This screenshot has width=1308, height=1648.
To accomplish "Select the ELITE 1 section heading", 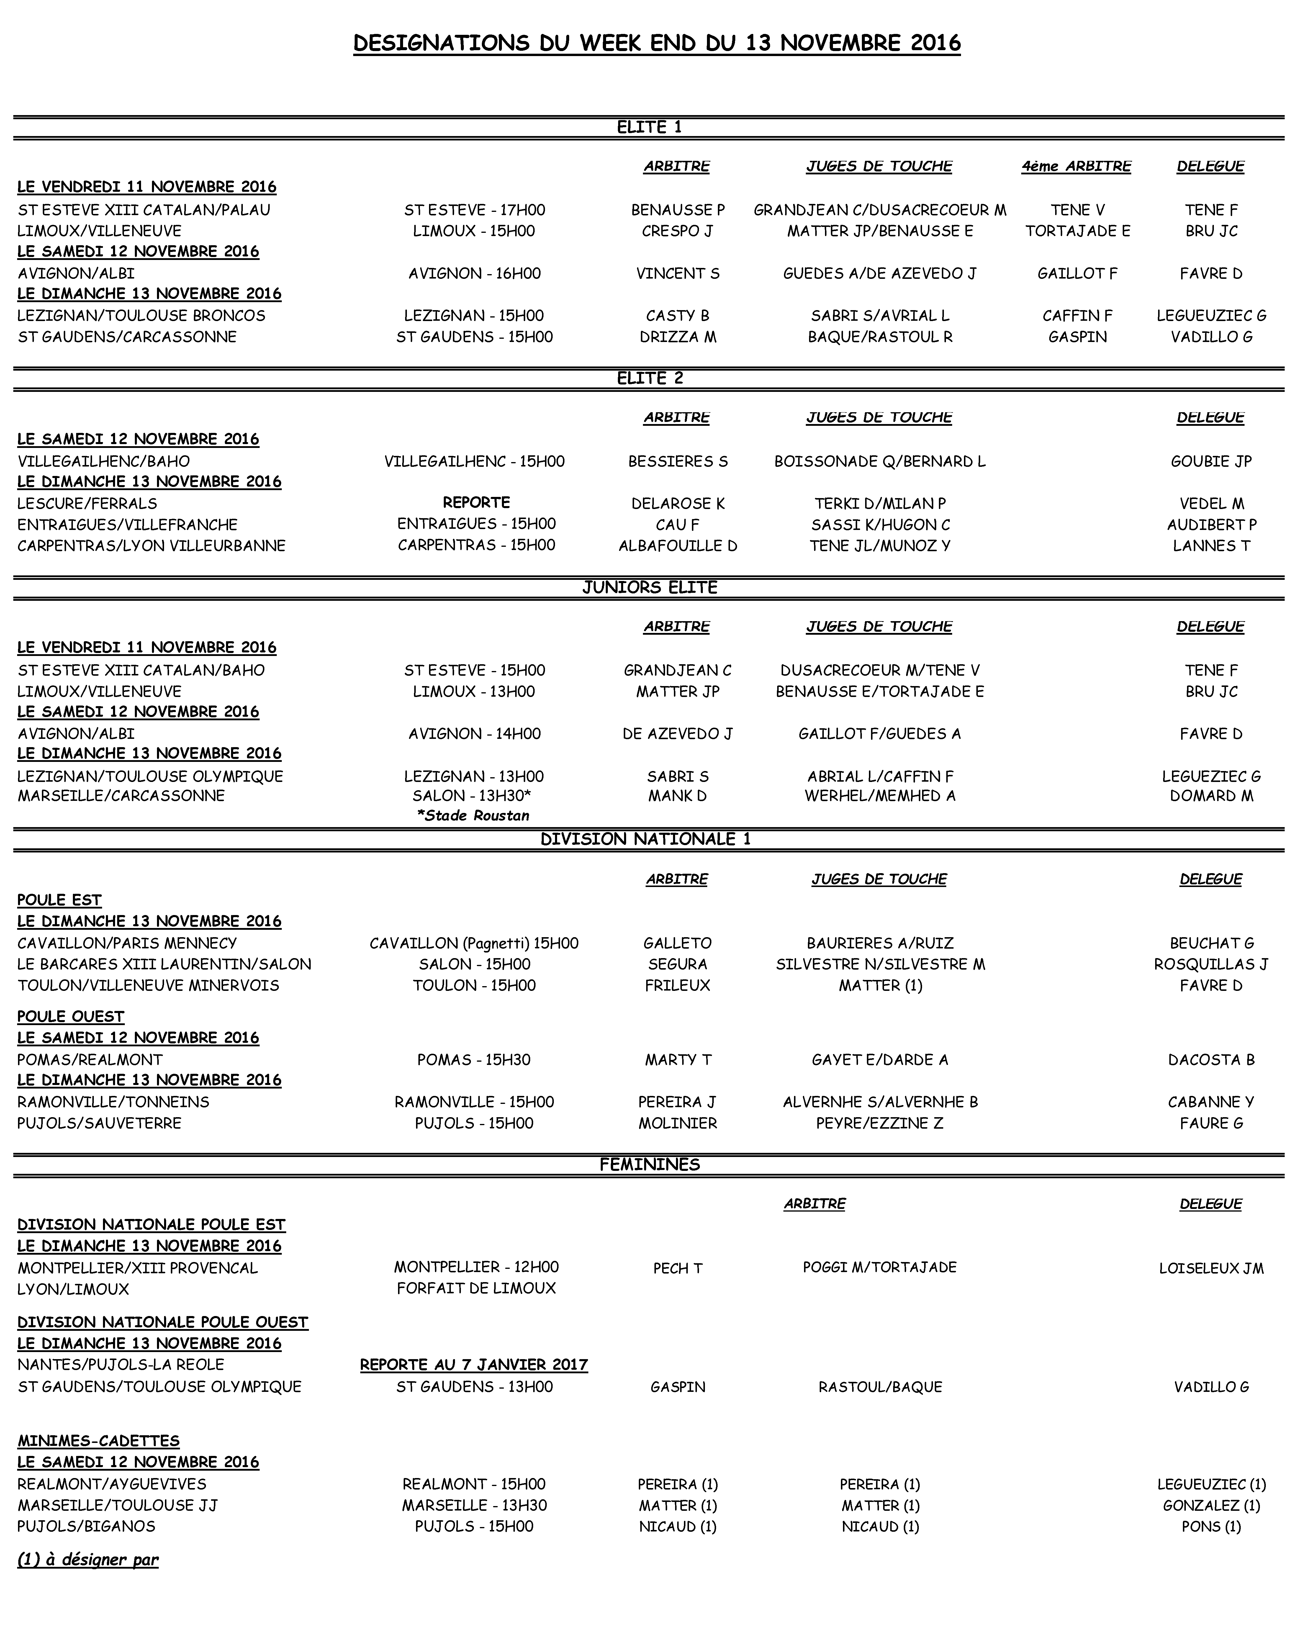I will coord(649,127).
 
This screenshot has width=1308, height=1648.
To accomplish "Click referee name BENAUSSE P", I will coord(677,210).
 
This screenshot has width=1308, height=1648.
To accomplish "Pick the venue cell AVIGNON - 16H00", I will coord(474,273).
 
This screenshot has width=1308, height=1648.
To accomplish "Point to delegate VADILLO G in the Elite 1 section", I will coord(1211,336).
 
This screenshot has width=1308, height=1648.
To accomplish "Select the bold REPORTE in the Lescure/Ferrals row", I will coord(476,502).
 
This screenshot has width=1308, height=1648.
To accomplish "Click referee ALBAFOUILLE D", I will coord(677,545).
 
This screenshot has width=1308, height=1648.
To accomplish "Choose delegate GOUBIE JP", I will coord(1211,461).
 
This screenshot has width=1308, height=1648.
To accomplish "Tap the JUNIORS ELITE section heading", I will coord(649,587).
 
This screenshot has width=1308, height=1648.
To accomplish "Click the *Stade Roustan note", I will coord(473,815).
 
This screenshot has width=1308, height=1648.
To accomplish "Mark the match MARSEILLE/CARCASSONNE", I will coord(121,796).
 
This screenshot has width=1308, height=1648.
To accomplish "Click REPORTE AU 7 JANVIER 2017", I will coord(474,1364).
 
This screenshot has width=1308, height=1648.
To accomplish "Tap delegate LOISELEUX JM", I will coord(1211,1268).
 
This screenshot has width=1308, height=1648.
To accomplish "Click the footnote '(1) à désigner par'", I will coord(88,1559).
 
